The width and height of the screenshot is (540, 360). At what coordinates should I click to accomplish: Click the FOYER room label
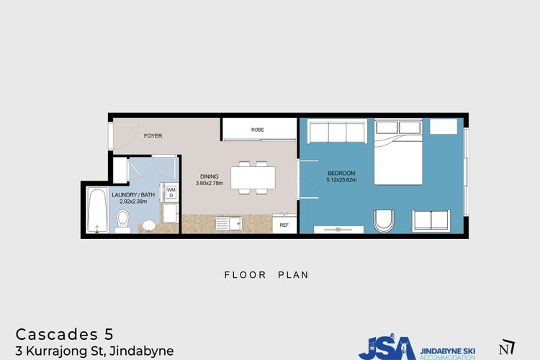pos(153,136)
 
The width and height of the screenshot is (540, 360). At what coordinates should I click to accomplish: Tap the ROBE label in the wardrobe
pos(258,130)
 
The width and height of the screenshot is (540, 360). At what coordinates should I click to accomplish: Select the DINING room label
pos(210,176)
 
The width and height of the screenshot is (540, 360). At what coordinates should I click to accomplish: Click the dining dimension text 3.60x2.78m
pos(210,184)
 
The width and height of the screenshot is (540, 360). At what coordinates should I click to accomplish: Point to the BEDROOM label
pos(341,174)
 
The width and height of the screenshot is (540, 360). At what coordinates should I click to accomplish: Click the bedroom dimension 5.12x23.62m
pos(341,180)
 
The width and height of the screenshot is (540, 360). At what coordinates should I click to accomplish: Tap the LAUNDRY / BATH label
pos(133,195)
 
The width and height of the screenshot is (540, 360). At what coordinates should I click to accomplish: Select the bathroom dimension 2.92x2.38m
pos(133,202)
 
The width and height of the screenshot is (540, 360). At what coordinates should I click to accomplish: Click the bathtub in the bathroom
pos(97,210)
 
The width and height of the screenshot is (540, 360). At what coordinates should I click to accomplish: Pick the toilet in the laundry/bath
pos(122,221)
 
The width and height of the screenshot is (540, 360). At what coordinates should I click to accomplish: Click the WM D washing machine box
pos(171,192)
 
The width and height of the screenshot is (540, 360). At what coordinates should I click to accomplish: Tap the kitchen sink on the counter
pos(229,224)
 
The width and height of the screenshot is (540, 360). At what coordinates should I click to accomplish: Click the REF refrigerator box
pos(284,224)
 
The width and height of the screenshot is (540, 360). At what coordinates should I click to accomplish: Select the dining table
pos(253,178)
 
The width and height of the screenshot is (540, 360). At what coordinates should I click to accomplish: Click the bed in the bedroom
pos(398,152)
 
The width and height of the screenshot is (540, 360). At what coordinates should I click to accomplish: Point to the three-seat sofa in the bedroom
pos(337,131)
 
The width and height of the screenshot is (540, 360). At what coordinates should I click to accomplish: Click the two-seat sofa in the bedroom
pos(431,220)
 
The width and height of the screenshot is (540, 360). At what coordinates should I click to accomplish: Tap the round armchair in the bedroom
pos(384,220)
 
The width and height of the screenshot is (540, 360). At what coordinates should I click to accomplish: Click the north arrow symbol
pos(507,347)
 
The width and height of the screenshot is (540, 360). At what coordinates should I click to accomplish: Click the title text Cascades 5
pos(65,334)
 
